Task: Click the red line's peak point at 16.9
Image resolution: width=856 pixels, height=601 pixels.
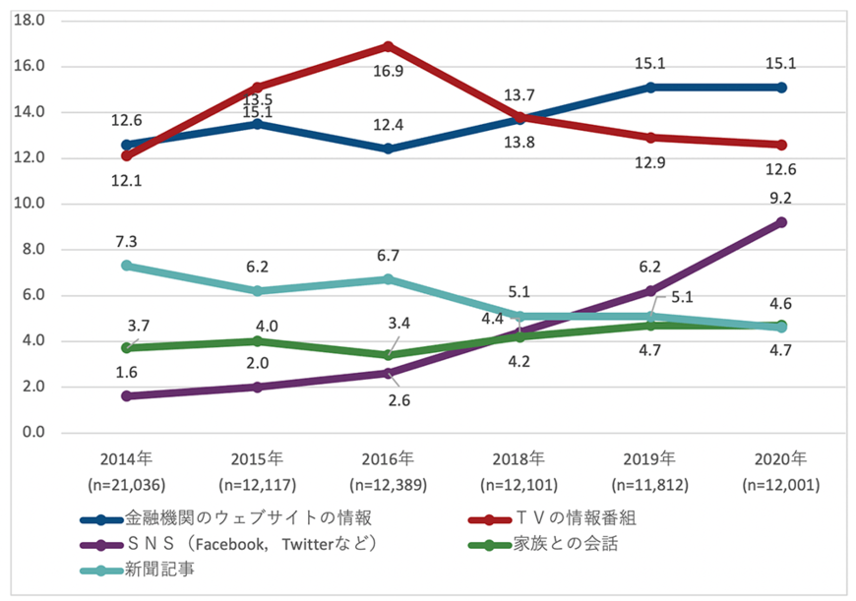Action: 388,46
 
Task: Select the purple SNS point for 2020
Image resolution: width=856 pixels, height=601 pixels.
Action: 781,222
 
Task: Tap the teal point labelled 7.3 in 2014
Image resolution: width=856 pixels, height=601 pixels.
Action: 126,266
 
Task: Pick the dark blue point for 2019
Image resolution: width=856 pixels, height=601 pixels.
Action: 650,88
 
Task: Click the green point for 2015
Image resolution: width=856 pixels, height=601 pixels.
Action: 257,341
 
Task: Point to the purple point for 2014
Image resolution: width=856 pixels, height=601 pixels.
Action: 126,396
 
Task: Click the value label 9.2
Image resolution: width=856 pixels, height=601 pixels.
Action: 781,197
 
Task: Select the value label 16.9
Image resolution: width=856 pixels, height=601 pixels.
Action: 388,71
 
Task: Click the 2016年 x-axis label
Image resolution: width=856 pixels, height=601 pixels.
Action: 388,458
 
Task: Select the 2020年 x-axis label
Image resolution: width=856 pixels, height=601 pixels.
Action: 781,458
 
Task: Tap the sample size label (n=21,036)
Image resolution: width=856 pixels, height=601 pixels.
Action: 126,483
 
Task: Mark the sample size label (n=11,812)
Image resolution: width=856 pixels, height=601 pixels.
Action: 650,483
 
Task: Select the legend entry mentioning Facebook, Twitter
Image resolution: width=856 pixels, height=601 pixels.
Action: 252,544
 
